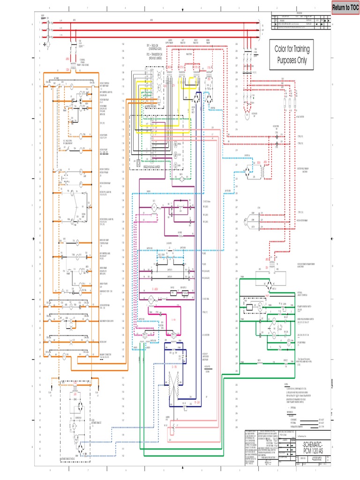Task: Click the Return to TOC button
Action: click(x=345, y=7)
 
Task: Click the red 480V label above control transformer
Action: click(x=67, y=60)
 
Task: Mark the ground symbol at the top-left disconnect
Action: click(x=45, y=45)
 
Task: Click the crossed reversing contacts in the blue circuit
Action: click(x=173, y=375)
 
